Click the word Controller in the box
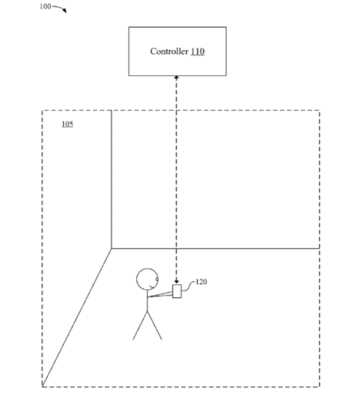[x=169, y=51]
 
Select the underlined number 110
[x=197, y=51]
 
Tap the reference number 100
[x=46, y=7]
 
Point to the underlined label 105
[x=67, y=124]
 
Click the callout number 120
[x=201, y=282]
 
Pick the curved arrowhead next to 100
[x=65, y=10]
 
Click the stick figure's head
[x=147, y=279]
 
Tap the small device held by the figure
[x=177, y=291]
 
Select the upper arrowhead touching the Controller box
[x=176, y=77]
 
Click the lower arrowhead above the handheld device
[x=176, y=281]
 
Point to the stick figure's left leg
[x=140, y=325]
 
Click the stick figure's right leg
[x=155, y=325]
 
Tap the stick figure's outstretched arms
[x=160, y=294]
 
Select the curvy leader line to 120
[x=188, y=286]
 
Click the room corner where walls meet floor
[x=111, y=249]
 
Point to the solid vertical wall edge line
[x=111, y=179]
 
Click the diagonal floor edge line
[x=77, y=317]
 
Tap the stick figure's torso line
[x=147, y=301]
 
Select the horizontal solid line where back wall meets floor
[x=215, y=249]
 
